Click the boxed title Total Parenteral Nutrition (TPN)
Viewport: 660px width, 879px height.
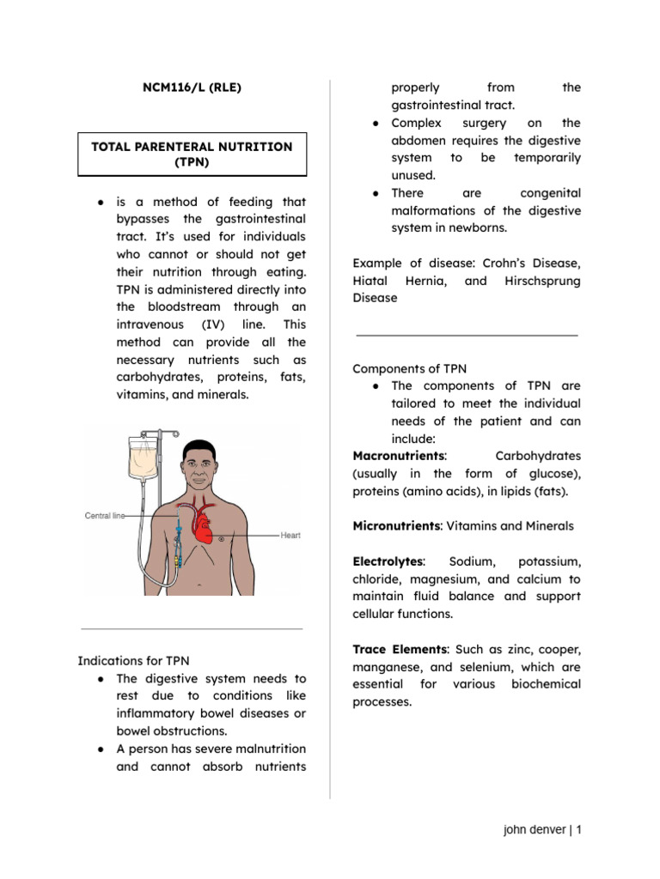[192, 155]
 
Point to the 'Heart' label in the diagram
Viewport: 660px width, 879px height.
[290, 536]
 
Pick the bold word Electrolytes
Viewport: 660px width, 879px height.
[388, 561]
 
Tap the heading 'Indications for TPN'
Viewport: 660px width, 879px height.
[133, 661]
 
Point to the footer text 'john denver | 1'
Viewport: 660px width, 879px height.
[542, 830]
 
